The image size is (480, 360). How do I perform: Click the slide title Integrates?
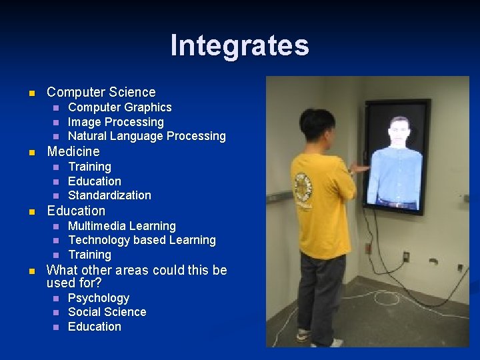pyautogui.click(x=239, y=45)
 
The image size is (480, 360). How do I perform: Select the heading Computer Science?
pyautogui.click(x=101, y=92)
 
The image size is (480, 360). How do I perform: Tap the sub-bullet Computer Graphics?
pyautogui.click(x=120, y=107)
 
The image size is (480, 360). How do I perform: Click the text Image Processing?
pyautogui.click(x=116, y=122)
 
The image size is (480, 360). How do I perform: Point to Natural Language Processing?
pyautogui.click(x=147, y=136)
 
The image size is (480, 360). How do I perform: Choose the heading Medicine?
pyautogui.click(x=73, y=151)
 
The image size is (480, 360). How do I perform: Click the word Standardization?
pyautogui.click(x=109, y=195)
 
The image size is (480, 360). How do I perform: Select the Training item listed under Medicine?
pyautogui.click(x=89, y=167)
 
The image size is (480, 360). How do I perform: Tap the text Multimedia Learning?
pyautogui.click(x=122, y=226)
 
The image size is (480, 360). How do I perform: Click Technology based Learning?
pyautogui.click(x=142, y=240)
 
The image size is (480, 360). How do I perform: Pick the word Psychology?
pyautogui.click(x=99, y=298)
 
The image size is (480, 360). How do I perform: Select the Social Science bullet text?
pyautogui.click(x=107, y=312)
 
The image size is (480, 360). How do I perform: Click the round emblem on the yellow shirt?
pyautogui.click(x=304, y=188)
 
